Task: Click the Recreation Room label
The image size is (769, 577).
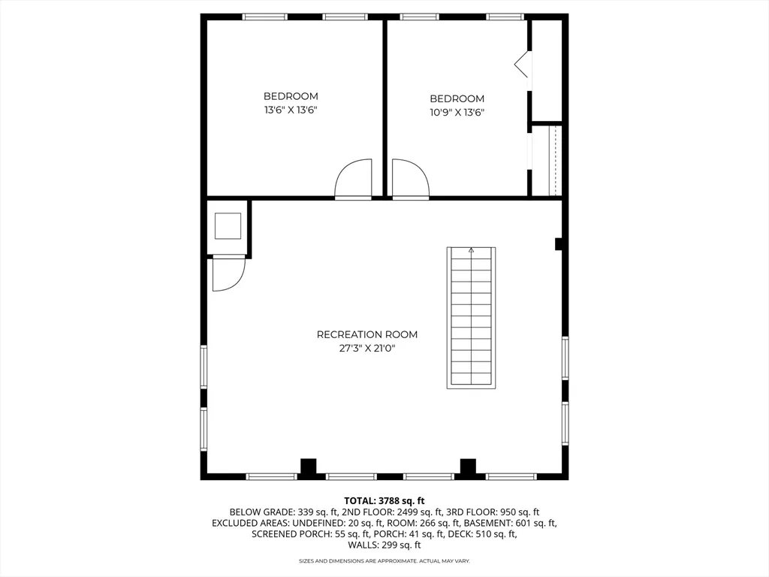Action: [366, 334]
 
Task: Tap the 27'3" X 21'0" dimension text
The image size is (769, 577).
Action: [366, 348]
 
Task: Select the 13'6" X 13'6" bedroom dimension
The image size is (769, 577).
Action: [291, 110]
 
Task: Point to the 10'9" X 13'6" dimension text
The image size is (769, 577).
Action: [457, 112]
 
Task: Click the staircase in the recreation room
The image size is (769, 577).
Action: [472, 317]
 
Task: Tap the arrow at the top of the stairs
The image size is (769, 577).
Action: [472, 251]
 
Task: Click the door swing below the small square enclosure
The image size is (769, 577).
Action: [228, 273]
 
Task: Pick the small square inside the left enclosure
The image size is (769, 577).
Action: [228, 225]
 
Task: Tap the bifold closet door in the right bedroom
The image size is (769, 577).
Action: [523, 65]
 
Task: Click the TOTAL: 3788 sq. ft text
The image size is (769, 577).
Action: [384, 500]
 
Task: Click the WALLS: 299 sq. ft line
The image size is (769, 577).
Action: [384, 545]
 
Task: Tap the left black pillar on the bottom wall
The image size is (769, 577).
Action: [308, 467]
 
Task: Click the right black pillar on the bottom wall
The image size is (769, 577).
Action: [469, 467]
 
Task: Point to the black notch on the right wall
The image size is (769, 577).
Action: [559, 243]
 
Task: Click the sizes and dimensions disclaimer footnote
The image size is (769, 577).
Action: [384, 561]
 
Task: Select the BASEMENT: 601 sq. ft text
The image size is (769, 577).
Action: [510, 523]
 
